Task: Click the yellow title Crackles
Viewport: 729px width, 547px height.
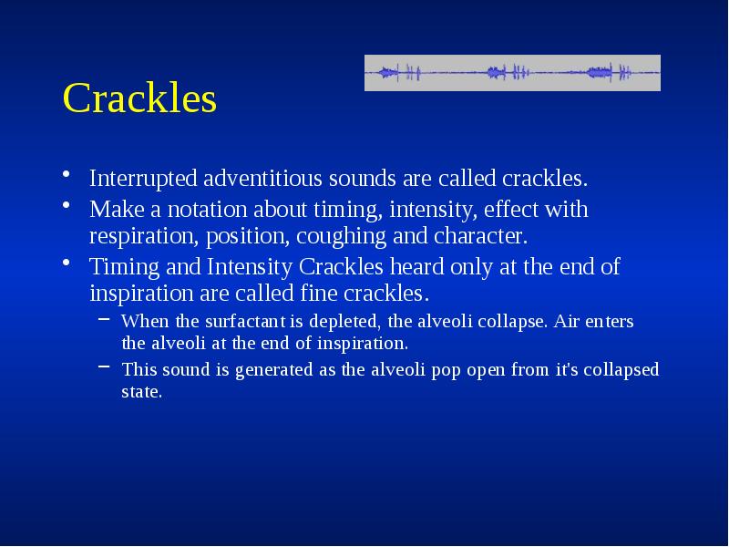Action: [139, 99]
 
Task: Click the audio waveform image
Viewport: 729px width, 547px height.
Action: [512, 73]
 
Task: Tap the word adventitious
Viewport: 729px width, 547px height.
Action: [266, 177]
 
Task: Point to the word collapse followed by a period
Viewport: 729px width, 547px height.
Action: [516, 321]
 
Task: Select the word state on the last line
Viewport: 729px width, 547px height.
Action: [141, 393]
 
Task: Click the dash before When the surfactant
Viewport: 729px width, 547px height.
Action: [106, 320]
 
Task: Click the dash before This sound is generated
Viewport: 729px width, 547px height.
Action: [106, 369]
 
